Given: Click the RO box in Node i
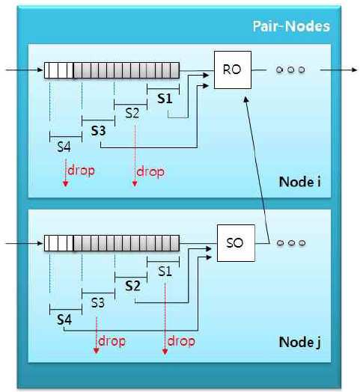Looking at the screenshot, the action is pos(233,70).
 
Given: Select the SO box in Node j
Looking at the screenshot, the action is pos(236,243).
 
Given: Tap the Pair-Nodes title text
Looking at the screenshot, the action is pos(291,26).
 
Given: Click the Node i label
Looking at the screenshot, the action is pos(299,182).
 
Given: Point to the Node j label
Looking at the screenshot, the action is pos(299,342).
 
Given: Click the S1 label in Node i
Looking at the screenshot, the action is pos(165,98).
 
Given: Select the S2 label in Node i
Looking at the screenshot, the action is pos(132,113).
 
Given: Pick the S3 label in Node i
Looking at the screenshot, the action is pos(98,130).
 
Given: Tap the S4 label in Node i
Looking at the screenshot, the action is pos(64,147).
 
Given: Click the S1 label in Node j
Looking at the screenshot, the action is pos(165,272).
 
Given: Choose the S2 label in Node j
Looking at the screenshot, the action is pos(132,286).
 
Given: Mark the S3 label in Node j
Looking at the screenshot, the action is pos(97,303).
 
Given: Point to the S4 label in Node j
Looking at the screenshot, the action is pos(64,319).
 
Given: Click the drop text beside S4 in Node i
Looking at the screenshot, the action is pos(81,171).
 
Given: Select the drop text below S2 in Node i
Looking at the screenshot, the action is pos(150,172).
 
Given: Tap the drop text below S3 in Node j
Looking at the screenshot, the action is pos(112,341).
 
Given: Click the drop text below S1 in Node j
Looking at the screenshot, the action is pos(181,341).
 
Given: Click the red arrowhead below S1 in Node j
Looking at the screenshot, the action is pos(165,351).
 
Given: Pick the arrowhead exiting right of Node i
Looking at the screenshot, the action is pos(355,70).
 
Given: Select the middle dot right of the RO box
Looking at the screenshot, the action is pos(290,70).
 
